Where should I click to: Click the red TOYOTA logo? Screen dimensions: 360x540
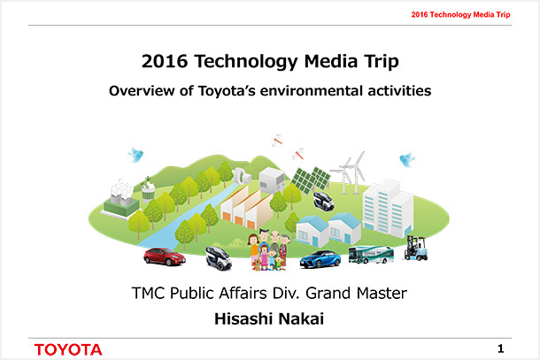(x=68, y=349)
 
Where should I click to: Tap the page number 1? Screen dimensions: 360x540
(x=501, y=348)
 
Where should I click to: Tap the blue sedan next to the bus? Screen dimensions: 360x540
(x=320, y=258)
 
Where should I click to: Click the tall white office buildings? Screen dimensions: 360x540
(x=388, y=207)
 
